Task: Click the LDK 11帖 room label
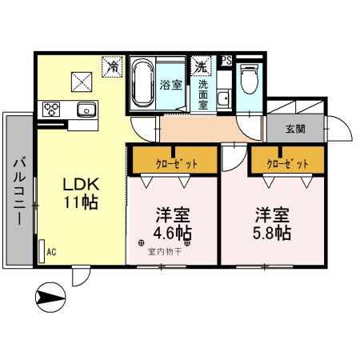[x=81, y=193]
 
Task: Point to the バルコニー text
[x=18, y=193]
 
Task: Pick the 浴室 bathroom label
[x=170, y=84]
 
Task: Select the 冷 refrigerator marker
[x=113, y=67]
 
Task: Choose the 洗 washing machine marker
[x=198, y=66]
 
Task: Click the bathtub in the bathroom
[x=145, y=84]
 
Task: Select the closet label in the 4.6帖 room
[x=173, y=163]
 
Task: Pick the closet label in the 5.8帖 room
[x=287, y=163]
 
